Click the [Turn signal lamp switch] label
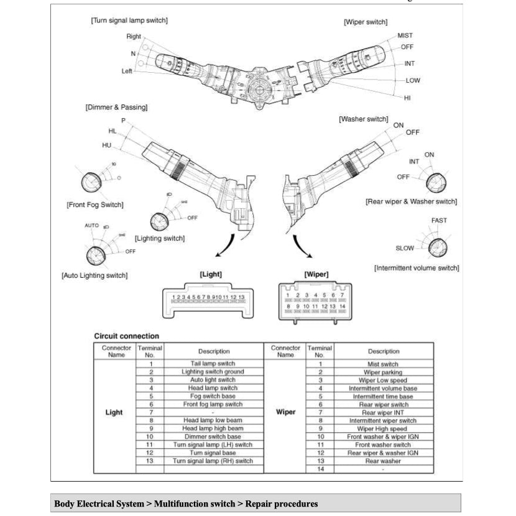[x=129, y=21]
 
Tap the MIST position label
[x=405, y=35]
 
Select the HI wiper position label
[x=407, y=98]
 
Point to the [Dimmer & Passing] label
[x=116, y=107]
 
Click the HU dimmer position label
[x=107, y=145]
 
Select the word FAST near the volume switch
[x=438, y=220]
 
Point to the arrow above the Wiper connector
[x=303, y=246]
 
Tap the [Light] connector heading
[x=211, y=274]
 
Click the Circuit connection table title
[x=126, y=336]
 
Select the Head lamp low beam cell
[x=213, y=420]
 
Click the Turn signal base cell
[x=213, y=453]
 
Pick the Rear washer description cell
[x=382, y=461]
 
